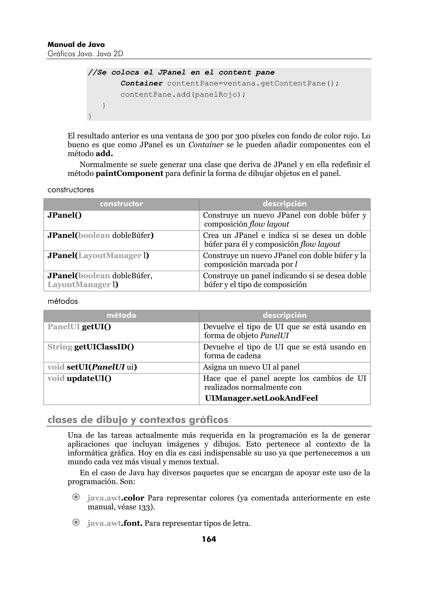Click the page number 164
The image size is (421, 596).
coord(209,539)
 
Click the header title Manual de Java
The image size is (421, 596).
coord(76,45)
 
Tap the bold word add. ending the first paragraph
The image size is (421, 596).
coord(104,154)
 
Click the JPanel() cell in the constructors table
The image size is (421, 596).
coord(65,215)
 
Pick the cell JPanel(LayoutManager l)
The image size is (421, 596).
coord(98,256)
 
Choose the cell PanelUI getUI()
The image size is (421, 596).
coord(79,327)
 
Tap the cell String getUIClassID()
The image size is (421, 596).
coord(90,347)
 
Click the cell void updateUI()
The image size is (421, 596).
coord(79,378)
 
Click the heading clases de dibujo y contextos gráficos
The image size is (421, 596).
coord(138,420)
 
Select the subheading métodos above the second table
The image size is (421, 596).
coord(62,301)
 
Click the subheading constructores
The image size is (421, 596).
coord(71,190)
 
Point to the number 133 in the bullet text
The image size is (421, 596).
coord(143,507)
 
